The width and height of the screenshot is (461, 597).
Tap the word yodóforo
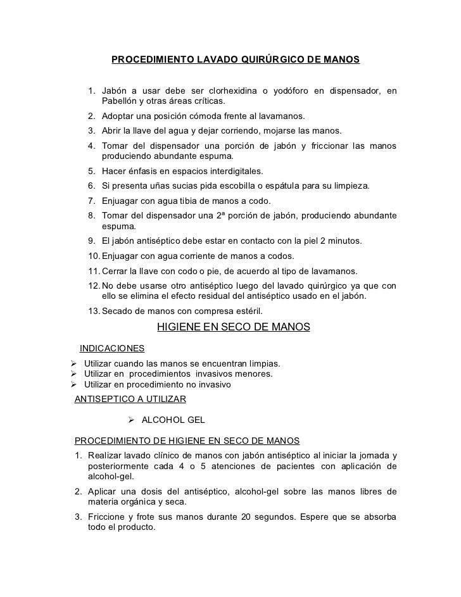(x=295, y=91)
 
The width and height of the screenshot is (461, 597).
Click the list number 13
(x=94, y=311)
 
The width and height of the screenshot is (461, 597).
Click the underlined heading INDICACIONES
(x=111, y=349)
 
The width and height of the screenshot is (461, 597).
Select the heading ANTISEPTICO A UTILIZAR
(x=130, y=399)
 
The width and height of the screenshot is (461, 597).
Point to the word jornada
(x=372, y=456)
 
